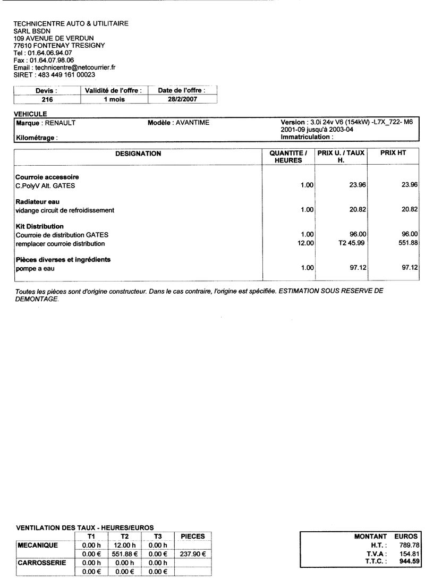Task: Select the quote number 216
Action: pos(46,99)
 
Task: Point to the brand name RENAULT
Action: pos(59,123)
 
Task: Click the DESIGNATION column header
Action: pos(138,154)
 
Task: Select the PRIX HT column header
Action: pos(393,154)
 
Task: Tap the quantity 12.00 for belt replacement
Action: pos(307,243)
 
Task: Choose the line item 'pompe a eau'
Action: pos(35,268)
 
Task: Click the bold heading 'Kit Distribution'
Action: pos(40,226)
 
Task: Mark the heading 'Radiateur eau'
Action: pos(38,202)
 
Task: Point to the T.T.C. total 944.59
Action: pos(409,561)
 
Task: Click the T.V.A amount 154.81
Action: pos(410,553)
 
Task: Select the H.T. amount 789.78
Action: pos(409,545)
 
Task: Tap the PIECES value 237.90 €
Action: pos(193,554)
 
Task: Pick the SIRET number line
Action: pos(54,75)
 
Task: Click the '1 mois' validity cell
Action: pos(113,99)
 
